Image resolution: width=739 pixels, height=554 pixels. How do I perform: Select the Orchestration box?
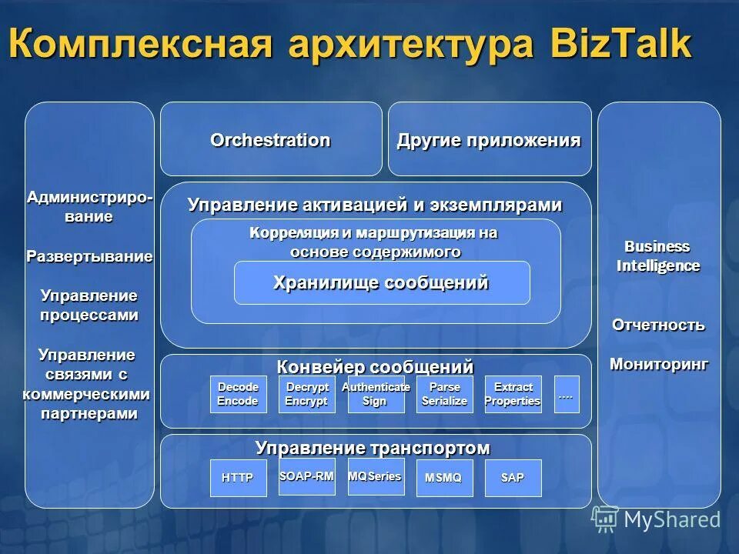click(x=270, y=140)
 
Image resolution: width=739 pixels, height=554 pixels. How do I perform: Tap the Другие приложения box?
click(x=489, y=140)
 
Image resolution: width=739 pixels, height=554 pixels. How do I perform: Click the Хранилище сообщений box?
click(x=381, y=283)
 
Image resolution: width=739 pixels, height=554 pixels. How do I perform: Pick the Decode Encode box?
click(x=238, y=394)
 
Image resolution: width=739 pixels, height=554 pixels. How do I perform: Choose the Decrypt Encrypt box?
click(x=306, y=394)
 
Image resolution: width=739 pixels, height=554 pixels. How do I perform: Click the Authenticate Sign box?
click(x=376, y=394)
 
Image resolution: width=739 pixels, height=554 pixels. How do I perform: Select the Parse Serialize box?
click(x=444, y=394)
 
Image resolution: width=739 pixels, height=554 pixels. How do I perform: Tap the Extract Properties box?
click(x=513, y=394)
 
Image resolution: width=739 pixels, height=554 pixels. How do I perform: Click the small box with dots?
click(x=566, y=394)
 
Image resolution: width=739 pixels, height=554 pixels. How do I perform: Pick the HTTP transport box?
click(x=238, y=478)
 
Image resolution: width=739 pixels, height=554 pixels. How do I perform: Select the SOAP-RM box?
click(x=306, y=477)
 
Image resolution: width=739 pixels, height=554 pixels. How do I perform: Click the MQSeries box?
click(x=376, y=477)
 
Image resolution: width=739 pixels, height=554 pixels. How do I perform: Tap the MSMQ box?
click(x=444, y=478)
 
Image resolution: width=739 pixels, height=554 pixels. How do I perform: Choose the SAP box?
click(x=513, y=478)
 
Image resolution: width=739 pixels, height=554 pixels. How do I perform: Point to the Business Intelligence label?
click(x=657, y=256)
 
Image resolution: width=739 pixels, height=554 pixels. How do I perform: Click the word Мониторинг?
click(x=659, y=364)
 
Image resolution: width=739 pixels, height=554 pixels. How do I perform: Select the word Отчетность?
click(x=658, y=325)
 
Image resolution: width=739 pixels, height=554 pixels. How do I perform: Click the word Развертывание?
click(x=89, y=256)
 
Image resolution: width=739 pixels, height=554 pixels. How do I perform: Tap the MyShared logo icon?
click(x=605, y=520)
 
